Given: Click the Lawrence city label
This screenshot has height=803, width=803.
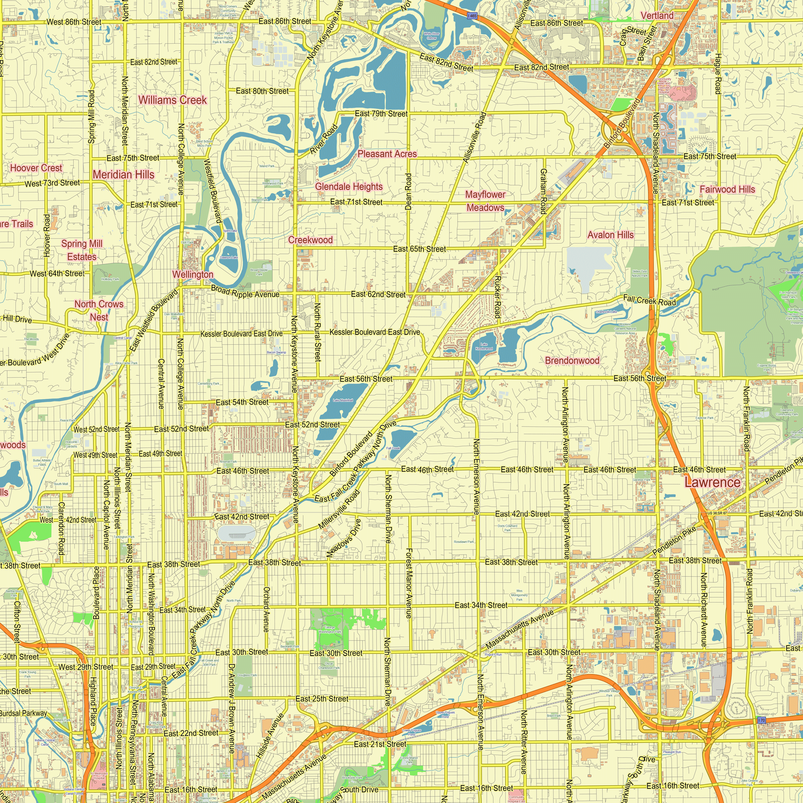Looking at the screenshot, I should point(712,483).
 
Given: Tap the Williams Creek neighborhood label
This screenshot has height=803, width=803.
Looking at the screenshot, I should point(173,100).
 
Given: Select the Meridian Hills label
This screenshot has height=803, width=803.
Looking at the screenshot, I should point(123,175).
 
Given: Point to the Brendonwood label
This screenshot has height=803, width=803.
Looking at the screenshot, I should point(572,361).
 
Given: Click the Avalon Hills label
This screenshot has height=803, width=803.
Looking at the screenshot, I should point(610,235).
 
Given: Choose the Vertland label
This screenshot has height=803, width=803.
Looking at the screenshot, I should point(657,16).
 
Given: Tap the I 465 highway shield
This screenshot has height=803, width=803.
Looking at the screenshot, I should point(472,16).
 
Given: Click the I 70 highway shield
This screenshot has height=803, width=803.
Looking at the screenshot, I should point(761,720).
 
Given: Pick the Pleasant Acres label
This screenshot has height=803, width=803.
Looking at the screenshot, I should point(387,154).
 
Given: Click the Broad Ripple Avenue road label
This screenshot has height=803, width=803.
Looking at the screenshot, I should point(245,291).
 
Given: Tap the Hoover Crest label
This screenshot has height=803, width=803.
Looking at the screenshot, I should point(36,168).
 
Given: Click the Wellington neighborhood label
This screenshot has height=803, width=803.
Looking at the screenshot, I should point(192,274).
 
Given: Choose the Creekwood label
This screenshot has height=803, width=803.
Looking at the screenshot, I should point(310,240).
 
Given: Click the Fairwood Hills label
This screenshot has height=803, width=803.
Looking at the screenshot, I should point(728,190).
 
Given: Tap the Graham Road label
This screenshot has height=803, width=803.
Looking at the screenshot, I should point(543,191).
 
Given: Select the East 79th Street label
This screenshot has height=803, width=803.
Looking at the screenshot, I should point(381,114).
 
